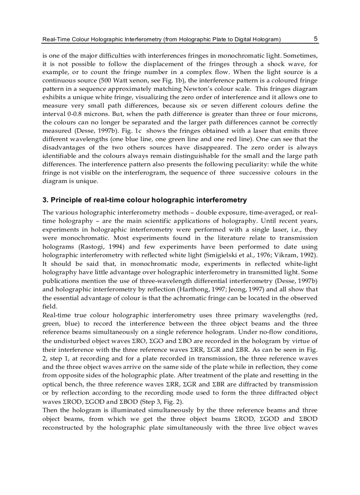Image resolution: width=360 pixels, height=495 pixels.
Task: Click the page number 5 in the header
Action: (315, 39)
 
